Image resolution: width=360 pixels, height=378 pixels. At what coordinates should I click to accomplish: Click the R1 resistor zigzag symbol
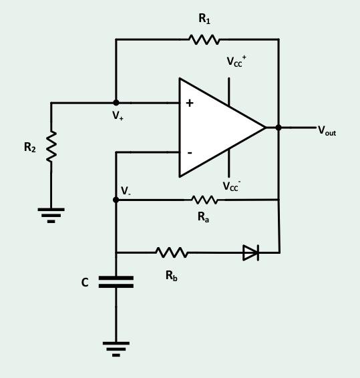[x=204, y=39]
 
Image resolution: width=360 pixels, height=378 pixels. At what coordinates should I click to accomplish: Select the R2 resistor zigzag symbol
[x=51, y=146]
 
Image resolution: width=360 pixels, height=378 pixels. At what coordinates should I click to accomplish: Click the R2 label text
[x=29, y=148]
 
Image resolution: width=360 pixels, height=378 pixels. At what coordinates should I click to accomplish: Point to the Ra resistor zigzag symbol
[x=204, y=200]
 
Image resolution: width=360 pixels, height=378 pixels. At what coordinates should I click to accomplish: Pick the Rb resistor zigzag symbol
[x=172, y=252]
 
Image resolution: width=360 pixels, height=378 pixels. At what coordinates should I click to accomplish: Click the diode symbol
[x=250, y=252]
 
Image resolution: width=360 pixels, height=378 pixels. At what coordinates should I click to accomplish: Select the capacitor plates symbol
[x=116, y=282]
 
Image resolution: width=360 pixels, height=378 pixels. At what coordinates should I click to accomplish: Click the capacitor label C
[x=85, y=282]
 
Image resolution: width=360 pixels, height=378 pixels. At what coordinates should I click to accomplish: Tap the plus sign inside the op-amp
[x=190, y=103]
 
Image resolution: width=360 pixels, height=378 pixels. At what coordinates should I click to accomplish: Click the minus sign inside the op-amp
[x=190, y=153]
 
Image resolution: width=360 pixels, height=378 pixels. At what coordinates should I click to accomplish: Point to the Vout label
[x=327, y=131]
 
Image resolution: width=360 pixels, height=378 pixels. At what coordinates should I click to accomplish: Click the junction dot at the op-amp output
[x=279, y=127]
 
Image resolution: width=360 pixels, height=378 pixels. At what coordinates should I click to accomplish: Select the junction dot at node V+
[x=116, y=103]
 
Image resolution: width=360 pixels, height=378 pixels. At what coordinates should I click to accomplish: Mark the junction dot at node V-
[x=116, y=200]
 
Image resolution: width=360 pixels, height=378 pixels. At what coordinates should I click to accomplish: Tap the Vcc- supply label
[x=232, y=186]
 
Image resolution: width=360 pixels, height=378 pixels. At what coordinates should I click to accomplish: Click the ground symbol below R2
[x=51, y=214]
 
